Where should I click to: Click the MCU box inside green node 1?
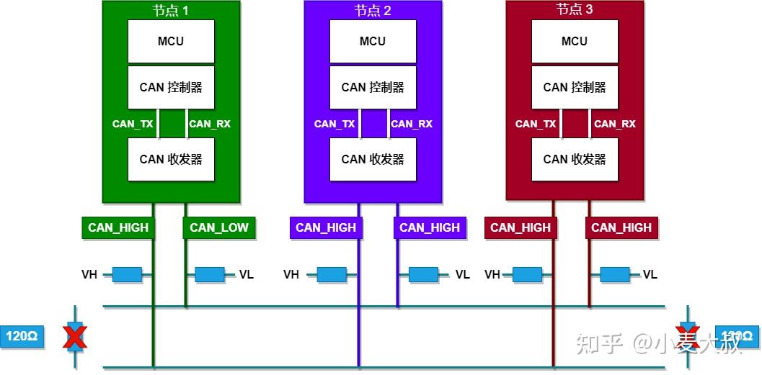pyautogui.click(x=171, y=41)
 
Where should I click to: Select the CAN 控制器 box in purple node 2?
pyautogui.click(x=373, y=87)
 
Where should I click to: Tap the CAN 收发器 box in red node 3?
pyautogui.click(x=575, y=159)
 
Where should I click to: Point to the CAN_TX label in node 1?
pyautogui.click(x=133, y=124)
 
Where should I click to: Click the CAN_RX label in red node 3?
pyautogui.click(x=614, y=124)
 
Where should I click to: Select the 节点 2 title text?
pyautogui.click(x=373, y=10)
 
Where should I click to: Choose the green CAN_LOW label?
pyautogui.click(x=219, y=227)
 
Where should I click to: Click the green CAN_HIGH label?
pyautogui.click(x=118, y=227)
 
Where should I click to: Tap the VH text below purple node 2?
pyautogui.click(x=291, y=274)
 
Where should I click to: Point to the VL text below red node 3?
pyautogui.click(x=650, y=274)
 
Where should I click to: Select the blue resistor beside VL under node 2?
pyautogui.click(x=423, y=274)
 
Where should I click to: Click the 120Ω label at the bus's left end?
pyautogui.click(x=22, y=336)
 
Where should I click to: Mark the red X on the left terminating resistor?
pyautogui.click(x=75, y=336)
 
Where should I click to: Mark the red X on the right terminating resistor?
pyautogui.click(x=688, y=336)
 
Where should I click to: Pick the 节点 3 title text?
pyautogui.click(x=575, y=10)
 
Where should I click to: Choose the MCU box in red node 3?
pyautogui.click(x=575, y=41)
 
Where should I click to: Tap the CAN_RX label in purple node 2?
pyautogui.click(x=412, y=124)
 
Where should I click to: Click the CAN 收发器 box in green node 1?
pyautogui.click(x=171, y=159)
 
